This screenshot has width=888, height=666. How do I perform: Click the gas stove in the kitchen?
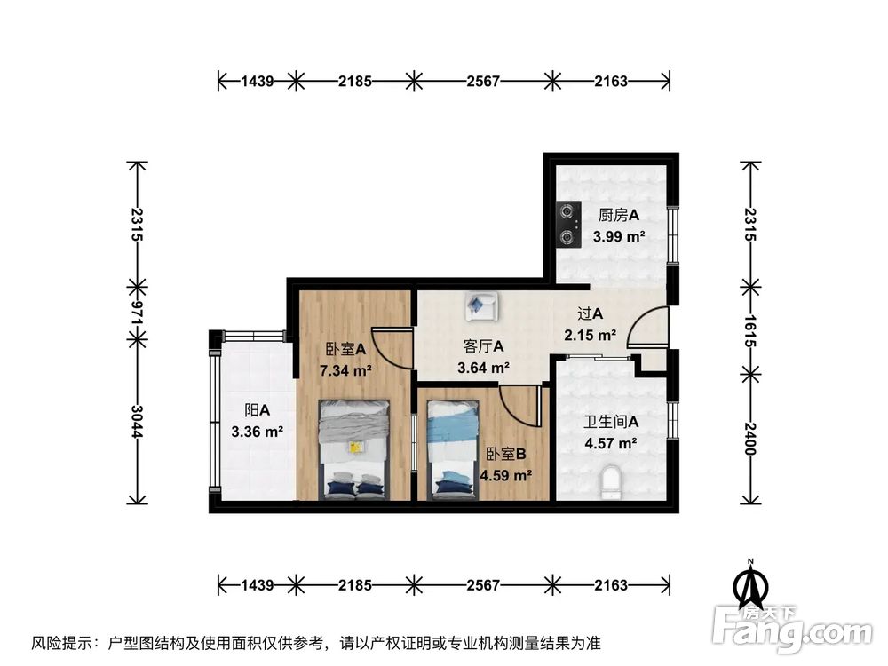pos(566,225)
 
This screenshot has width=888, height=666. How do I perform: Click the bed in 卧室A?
pos(354,448)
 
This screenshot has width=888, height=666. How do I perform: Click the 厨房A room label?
pos(619,216)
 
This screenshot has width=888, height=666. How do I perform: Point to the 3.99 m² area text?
pos(619,237)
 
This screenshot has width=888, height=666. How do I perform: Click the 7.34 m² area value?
pos(345,370)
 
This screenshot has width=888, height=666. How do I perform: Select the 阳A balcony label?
pos(258,411)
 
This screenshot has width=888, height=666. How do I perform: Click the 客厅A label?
pos(484,345)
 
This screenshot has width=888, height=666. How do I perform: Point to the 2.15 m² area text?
pos(590,336)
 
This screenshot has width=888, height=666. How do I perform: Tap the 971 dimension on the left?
pos(137,312)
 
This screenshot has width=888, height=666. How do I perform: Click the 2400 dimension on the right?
pos(750,434)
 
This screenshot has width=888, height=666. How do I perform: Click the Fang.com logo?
pos(794,628)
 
